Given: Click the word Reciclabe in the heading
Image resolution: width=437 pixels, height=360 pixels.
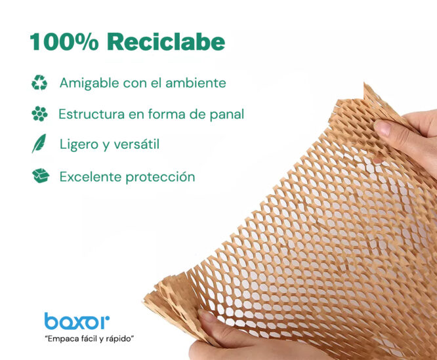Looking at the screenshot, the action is (x=166, y=42).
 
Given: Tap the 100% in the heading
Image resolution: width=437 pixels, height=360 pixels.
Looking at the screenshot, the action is (x=64, y=42).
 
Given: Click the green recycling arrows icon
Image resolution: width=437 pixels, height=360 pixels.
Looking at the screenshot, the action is (x=39, y=83).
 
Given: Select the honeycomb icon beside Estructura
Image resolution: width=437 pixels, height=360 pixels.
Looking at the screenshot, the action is (x=39, y=114).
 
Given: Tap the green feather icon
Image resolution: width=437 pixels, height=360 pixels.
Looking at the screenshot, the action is (x=39, y=144).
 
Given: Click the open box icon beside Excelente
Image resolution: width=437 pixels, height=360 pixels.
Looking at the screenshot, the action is (x=41, y=176).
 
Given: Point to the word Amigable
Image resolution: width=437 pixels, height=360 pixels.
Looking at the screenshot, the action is (x=89, y=83).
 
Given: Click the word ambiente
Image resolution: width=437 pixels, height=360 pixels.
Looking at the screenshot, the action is (x=196, y=83).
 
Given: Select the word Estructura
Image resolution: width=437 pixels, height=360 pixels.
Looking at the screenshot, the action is (x=91, y=114).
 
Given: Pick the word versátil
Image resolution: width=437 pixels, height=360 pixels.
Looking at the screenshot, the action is (x=136, y=144).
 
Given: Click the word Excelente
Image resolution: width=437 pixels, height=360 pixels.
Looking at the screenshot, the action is (x=91, y=177).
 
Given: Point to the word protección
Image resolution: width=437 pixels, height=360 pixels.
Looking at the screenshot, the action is (x=160, y=177).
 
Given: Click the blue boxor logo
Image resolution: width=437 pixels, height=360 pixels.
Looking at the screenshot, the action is (x=77, y=321).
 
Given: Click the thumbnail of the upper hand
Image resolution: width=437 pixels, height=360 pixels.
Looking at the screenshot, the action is (x=383, y=128).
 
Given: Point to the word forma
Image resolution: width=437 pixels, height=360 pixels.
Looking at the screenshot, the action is (x=167, y=114).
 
